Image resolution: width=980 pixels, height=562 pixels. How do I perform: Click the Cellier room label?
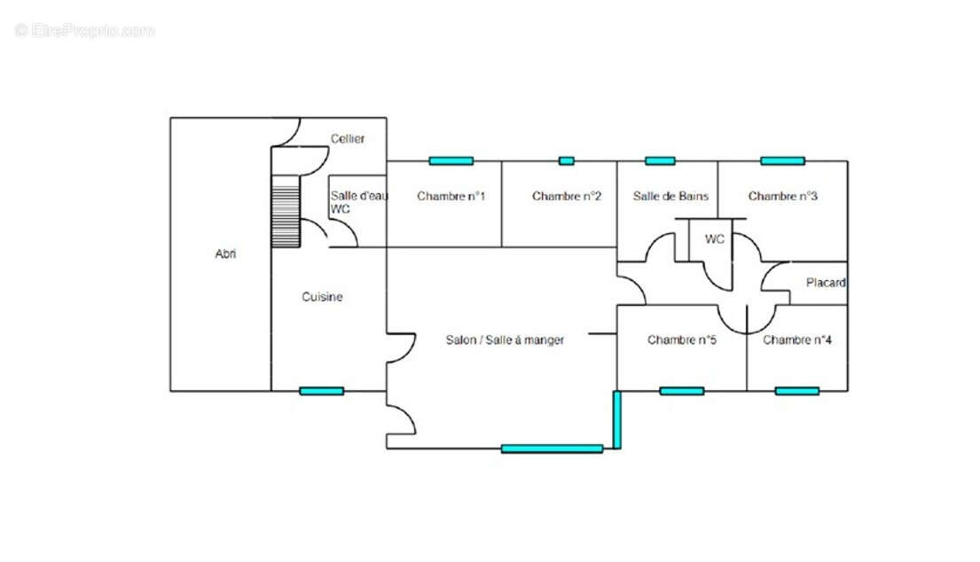tap(348, 138)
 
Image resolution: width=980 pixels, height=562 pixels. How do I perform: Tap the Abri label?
tap(225, 254)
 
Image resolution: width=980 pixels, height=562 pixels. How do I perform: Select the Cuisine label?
tap(323, 297)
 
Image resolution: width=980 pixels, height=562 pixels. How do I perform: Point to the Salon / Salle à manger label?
tap(505, 340)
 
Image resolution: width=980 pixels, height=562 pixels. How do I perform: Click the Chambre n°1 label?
tap(451, 196)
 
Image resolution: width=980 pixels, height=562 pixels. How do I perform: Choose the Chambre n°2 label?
tap(567, 196)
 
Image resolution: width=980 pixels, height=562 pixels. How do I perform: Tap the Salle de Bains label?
tap(670, 196)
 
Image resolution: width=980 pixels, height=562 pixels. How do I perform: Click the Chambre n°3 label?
tap(783, 196)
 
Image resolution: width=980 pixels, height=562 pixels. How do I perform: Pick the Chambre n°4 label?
tap(797, 340)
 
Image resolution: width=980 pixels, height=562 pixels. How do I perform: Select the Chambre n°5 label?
tap(682, 340)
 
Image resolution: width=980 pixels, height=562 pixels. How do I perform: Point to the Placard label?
tap(826, 283)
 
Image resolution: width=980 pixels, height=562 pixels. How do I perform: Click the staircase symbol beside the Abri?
tap(286, 211)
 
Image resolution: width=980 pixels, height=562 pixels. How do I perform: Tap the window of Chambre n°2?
tap(566, 161)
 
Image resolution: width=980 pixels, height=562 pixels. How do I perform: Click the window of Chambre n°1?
tap(451, 161)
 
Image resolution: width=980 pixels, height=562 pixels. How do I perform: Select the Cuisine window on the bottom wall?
tap(321, 392)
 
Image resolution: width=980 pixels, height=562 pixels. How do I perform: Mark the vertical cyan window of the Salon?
tap(617, 419)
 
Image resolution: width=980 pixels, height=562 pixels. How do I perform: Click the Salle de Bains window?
tap(660, 161)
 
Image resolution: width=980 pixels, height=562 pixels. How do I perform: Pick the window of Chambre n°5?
tap(682, 392)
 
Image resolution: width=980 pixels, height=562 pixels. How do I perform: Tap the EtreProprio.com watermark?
tap(84, 30)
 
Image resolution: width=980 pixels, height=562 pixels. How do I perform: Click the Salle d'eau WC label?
tap(359, 202)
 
